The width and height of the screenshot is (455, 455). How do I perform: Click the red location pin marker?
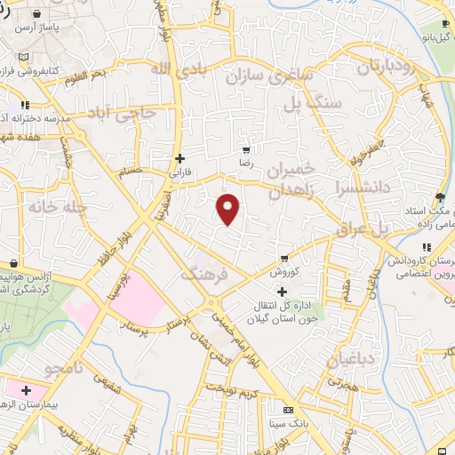point(228,209)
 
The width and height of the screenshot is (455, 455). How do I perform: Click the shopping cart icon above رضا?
point(246,150)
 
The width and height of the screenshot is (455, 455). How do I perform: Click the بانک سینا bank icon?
point(286,411)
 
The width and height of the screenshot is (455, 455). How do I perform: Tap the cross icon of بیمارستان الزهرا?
point(27,389)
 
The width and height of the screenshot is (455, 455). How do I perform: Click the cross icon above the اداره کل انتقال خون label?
point(283,291)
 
